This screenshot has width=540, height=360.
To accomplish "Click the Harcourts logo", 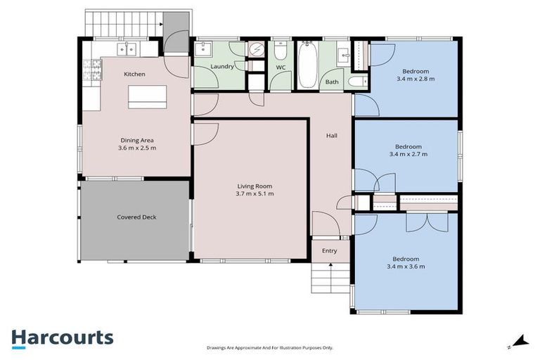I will click(x=62, y=337).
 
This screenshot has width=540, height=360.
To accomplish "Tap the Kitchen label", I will click(x=134, y=74).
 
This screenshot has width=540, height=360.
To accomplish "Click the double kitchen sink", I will click(x=127, y=49).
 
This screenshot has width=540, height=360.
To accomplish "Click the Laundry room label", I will click(x=222, y=67).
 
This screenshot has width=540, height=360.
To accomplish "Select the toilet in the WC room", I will click(x=280, y=52).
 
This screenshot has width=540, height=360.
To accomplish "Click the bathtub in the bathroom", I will click(x=307, y=65).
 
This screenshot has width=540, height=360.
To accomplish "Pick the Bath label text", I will click(x=332, y=82).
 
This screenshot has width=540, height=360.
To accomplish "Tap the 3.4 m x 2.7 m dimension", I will click(x=408, y=154).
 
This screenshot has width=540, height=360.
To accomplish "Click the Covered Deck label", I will click(x=136, y=217).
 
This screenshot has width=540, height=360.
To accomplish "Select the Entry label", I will click(x=329, y=251).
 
